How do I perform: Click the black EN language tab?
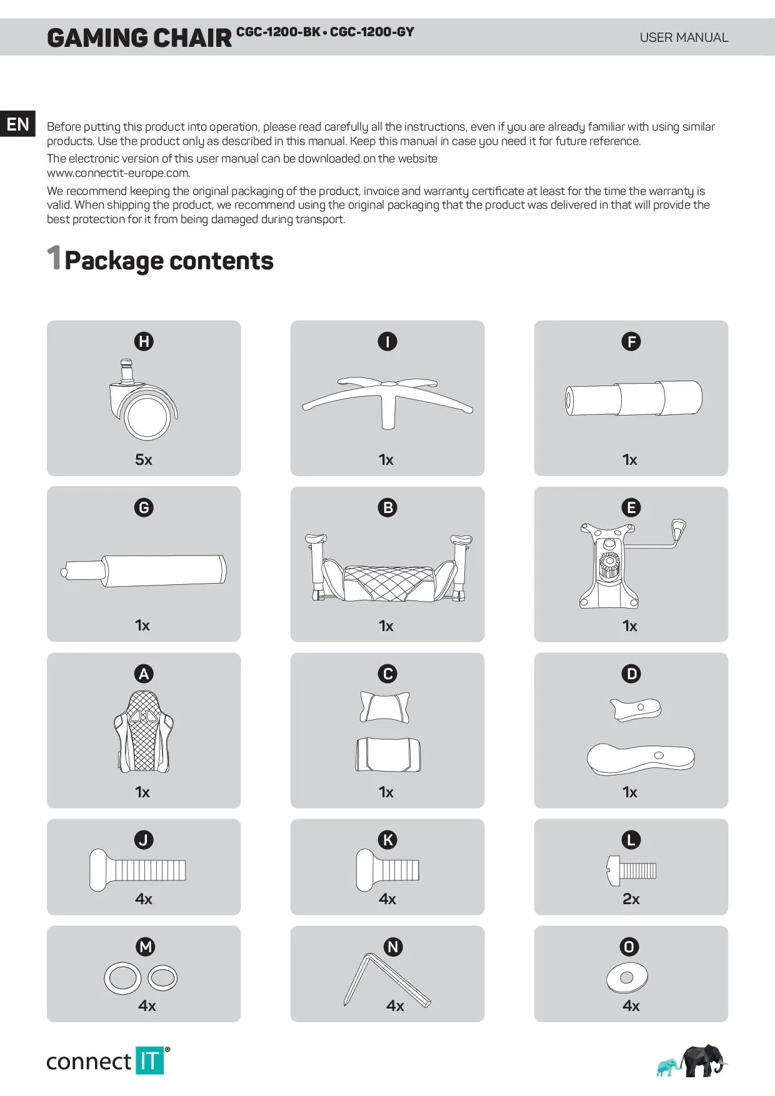click(17, 124)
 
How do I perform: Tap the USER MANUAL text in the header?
click(684, 37)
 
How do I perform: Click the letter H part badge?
click(144, 341)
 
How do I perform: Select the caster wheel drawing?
click(143, 400)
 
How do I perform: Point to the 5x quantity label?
click(144, 460)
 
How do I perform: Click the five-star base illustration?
click(387, 400)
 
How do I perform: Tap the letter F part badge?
click(631, 341)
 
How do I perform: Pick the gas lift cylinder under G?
click(144, 569)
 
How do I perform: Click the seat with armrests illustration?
click(387, 569)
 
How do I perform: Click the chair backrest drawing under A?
click(144, 732)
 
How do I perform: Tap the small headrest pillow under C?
click(385, 707)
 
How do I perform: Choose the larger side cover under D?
click(641, 759)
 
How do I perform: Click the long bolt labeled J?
click(137, 870)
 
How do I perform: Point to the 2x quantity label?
click(631, 899)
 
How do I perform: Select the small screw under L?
click(631, 870)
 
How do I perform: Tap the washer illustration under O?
click(627, 978)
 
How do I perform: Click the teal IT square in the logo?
click(149, 1060)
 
